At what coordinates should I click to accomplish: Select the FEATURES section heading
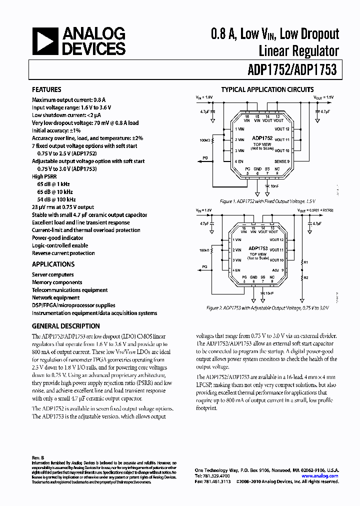tap(46, 90)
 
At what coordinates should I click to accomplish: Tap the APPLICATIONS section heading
tap(53, 264)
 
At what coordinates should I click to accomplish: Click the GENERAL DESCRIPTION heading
tap(65, 326)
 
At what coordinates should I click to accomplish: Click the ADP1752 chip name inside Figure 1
tap(262, 137)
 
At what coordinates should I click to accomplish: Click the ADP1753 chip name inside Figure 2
tap(258, 248)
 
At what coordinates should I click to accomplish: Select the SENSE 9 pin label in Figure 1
tap(282, 161)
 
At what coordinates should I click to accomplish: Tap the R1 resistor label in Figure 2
tap(306, 262)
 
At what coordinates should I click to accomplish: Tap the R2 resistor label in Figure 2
tap(306, 277)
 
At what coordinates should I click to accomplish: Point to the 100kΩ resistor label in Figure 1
tap(205, 140)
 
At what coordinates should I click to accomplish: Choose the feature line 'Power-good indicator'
tap(57, 238)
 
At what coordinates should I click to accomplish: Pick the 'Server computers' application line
tap(52, 274)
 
